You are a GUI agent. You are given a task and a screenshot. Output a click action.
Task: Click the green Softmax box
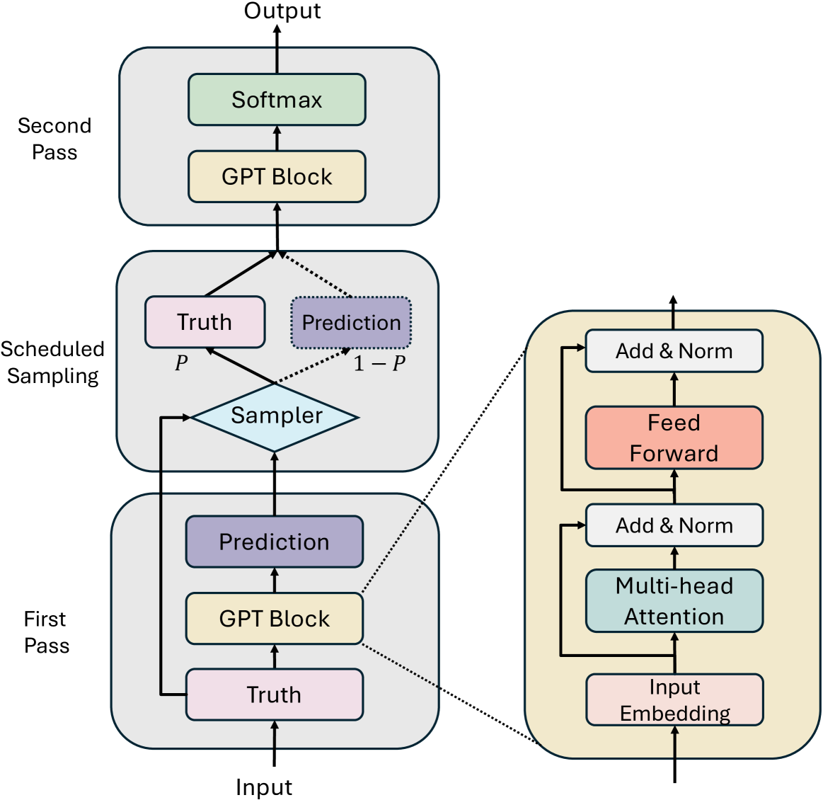pos(277,100)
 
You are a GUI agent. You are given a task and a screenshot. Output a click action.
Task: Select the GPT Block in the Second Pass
pos(277,176)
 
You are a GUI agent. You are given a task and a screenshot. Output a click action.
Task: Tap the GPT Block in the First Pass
pos(275,618)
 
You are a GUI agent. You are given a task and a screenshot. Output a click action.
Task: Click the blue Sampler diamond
pos(275,417)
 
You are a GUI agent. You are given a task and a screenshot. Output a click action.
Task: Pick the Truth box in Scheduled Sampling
pos(205,322)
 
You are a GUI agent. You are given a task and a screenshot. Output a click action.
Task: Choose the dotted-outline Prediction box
pos(351,322)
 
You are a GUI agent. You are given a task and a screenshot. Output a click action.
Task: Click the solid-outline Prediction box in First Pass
pos(275,542)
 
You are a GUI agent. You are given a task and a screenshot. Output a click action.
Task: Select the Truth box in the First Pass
pos(275,695)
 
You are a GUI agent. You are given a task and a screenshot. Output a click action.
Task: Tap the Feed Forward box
pos(674,438)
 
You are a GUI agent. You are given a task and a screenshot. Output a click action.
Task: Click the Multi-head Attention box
pos(674,601)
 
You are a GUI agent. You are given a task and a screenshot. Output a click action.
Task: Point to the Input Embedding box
pos(674,699)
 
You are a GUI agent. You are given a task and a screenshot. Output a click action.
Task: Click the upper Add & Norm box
pos(674,350)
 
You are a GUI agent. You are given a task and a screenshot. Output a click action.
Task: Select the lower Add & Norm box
pos(674,525)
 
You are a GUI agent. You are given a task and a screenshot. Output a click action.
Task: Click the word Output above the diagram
pos(282,11)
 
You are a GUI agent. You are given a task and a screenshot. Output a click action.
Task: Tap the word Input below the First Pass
pos(264,787)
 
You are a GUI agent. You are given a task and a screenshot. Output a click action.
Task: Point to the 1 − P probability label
pos(379,363)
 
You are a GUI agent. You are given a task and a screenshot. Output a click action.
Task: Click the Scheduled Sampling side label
pos(52,362)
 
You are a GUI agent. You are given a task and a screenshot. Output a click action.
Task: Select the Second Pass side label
pos(54,139)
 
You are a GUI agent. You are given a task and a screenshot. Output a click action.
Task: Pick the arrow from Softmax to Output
pos(277,49)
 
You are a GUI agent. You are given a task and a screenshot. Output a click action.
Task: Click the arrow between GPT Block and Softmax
pos(277,138)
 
